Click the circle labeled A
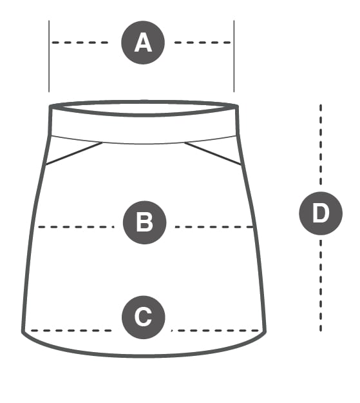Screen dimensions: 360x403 pos(143,43)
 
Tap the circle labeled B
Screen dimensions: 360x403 pos(144,222)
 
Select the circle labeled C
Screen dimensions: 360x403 pos(144,317)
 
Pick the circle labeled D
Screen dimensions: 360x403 pos(321,213)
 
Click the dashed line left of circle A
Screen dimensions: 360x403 pos(80,43)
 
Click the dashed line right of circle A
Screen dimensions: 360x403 pos(203,43)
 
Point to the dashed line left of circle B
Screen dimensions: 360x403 pos(76,227)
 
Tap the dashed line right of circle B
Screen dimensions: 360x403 pos(214,227)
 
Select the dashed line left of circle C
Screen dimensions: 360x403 pos(71,331)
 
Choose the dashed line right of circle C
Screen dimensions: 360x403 pos(215,331)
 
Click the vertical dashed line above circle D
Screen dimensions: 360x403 pos(321,144)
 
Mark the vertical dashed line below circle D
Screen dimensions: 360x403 pos(321,286)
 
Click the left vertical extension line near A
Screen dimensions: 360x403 pos(49,56)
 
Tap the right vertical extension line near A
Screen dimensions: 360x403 pos(234,56)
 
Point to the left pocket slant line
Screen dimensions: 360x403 pos(74,153)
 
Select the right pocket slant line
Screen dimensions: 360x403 pos(213,153)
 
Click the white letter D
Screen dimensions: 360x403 pos(321,213)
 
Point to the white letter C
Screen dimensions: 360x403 pos(143,317)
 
